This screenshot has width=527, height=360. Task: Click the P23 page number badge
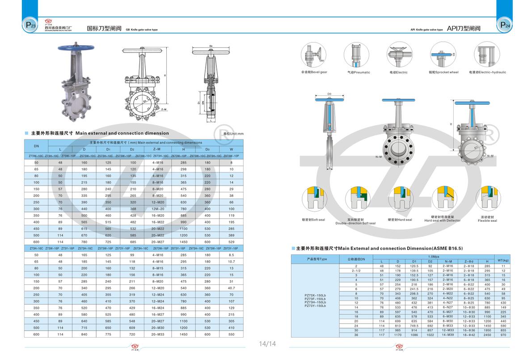31,26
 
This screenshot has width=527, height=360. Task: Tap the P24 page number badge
504,26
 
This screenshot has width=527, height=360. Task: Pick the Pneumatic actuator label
358,72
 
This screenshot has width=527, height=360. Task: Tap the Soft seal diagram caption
313,220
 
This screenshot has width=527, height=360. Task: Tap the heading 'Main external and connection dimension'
122,133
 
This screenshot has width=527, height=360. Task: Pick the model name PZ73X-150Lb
315,295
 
